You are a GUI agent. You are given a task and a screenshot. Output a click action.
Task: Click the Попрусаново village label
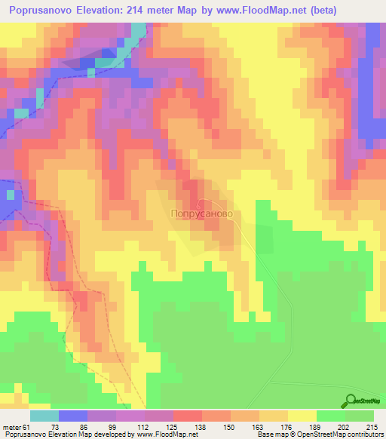pos(200,214)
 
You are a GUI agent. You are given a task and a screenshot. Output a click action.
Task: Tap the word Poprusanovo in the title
pos(41,11)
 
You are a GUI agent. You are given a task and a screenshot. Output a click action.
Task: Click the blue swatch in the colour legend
pos(72,416)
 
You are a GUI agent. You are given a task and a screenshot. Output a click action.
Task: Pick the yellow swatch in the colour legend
pos(302,416)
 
